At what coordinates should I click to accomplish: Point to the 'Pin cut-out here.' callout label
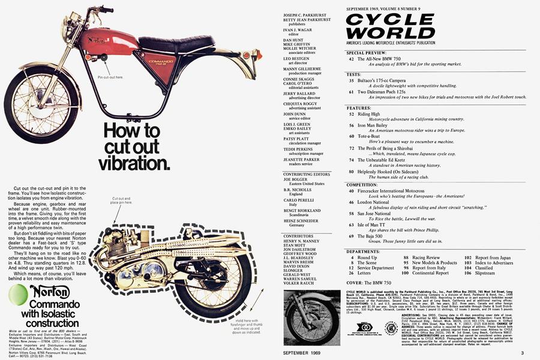click(x=110, y=77)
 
